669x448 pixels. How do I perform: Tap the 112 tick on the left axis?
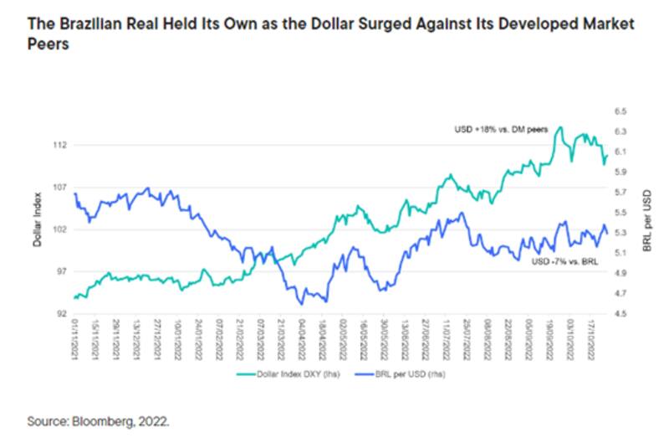point(60,145)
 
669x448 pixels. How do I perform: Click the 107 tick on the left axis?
point(60,187)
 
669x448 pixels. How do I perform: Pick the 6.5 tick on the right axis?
point(620,111)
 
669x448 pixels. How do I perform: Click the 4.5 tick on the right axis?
point(620,314)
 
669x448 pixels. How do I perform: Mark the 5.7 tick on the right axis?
point(620,192)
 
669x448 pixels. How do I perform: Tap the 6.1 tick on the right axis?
point(620,152)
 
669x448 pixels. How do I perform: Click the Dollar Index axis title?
point(38,226)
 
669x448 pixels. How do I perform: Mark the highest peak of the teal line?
point(559,127)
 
